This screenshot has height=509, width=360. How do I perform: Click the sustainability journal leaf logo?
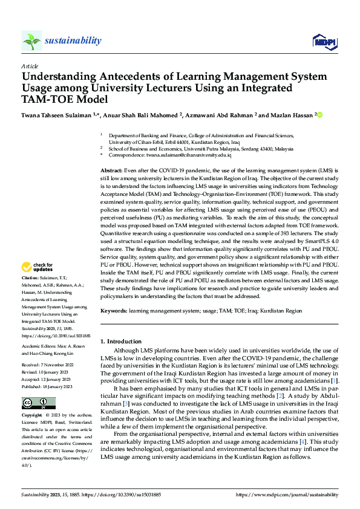coord(31,41)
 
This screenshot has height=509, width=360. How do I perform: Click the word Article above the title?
coord(30,66)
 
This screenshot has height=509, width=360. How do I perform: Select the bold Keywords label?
coord(114,310)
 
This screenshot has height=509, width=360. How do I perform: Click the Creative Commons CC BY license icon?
coord(38,403)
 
